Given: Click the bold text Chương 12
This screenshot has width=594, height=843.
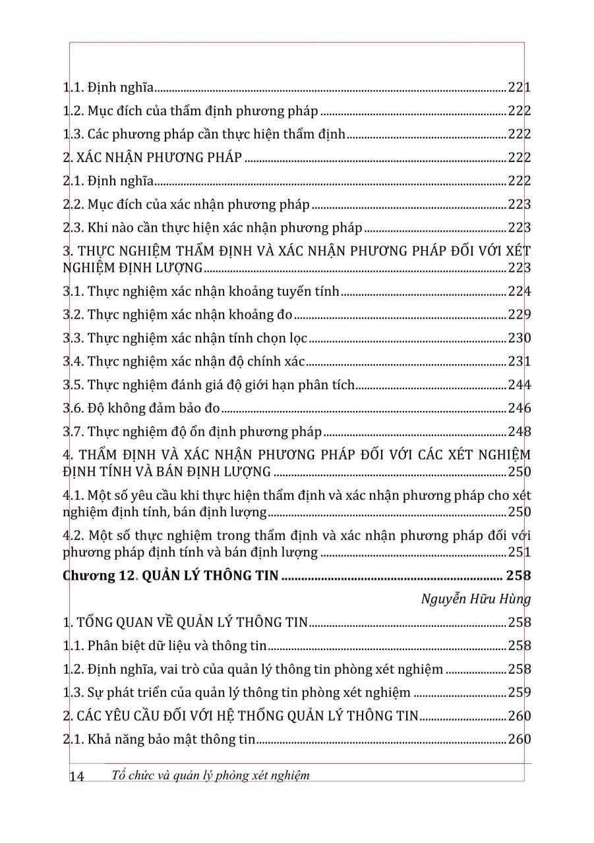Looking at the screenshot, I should tap(99, 576).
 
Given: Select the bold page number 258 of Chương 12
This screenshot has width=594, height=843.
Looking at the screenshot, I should tap(518, 576).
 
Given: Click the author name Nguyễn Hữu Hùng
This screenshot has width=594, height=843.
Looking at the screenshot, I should tap(477, 599).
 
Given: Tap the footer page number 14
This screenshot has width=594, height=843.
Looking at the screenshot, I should tap(76, 776).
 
